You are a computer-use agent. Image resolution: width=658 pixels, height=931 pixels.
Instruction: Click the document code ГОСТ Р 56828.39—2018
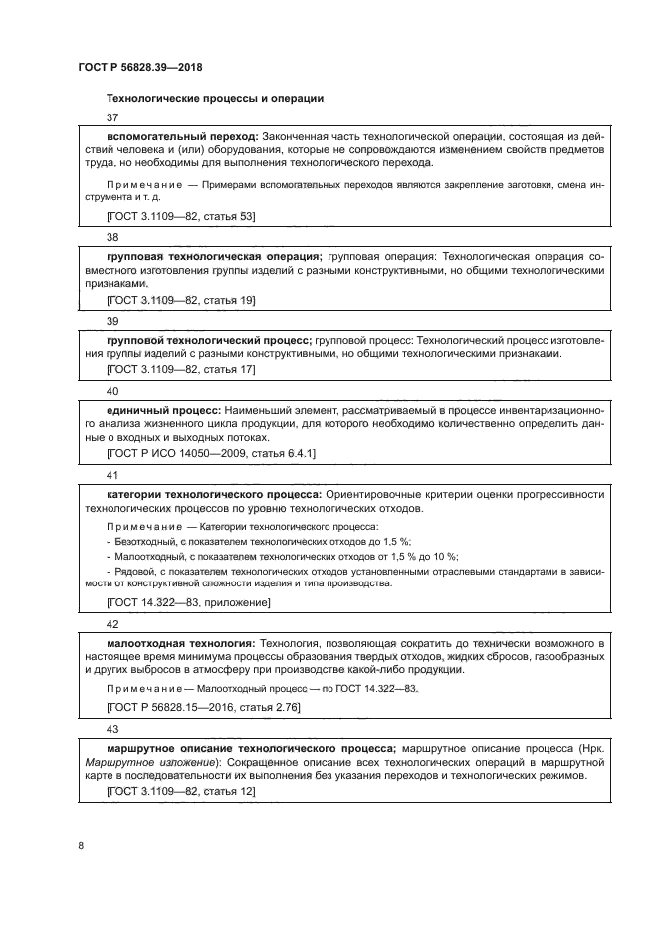pos(140,67)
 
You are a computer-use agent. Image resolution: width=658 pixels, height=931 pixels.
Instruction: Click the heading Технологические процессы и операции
pos(214,98)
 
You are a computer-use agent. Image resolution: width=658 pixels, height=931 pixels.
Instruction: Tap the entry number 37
pos(111,117)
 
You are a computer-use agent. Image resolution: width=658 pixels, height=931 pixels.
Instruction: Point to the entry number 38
pos(111,238)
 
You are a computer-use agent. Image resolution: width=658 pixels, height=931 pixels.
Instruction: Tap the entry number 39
pos(111,321)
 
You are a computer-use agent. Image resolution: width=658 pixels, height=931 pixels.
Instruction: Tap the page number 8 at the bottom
pos(81,846)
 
